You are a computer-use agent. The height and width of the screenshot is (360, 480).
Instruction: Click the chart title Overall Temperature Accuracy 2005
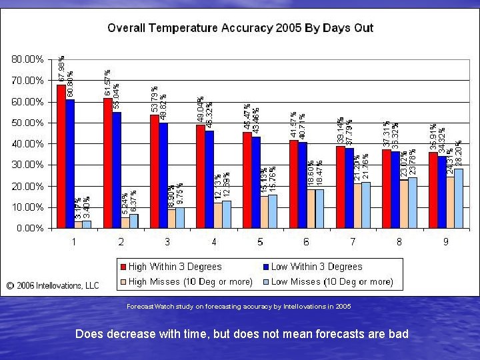(x=240, y=28)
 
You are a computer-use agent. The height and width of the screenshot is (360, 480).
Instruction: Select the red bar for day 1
(x=61, y=156)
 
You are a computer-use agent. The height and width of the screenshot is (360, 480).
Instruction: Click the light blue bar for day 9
(x=459, y=198)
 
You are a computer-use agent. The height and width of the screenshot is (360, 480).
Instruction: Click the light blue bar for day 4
(x=227, y=214)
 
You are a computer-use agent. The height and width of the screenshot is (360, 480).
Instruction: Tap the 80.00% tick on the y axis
(x=28, y=59)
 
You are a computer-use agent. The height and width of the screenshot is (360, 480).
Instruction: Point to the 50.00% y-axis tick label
(x=28, y=123)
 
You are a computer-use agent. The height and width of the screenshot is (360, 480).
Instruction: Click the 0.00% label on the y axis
(x=30, y=228)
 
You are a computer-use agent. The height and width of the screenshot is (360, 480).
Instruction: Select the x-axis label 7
(x=353, y=241)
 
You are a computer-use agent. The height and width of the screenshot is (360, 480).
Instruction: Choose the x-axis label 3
(x=167, y=241)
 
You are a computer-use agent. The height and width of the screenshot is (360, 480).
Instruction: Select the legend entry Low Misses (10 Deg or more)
(x=331, y=281)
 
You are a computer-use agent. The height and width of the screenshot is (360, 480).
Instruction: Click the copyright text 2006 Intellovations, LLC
(x=53, y=285)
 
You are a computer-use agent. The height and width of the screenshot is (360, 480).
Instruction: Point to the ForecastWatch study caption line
(x=238, y=307)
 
